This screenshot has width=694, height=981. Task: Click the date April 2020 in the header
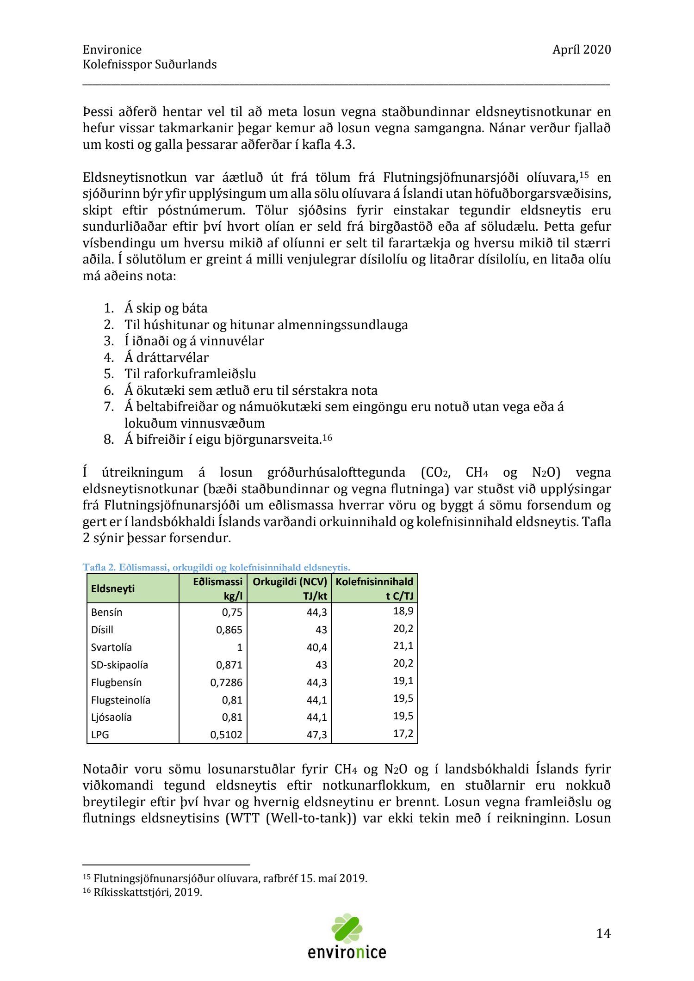coord(581,49)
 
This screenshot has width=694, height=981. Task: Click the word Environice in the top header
coord(112,49)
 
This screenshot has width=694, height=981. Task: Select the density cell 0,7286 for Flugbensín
coord(226,682)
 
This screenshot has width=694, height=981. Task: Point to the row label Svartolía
coord(112,647)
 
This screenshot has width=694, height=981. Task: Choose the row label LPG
coord(100,734)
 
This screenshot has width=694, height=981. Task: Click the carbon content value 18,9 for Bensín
coord(403,611)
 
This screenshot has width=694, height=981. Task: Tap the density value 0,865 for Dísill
coord(229,630)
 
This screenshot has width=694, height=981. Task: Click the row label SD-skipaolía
coord(119,665)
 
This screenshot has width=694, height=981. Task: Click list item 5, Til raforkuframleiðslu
coord(190,374)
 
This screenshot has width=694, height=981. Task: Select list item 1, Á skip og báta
coord(166,308)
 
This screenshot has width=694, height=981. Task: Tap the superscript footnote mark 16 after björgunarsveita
coord(327,437)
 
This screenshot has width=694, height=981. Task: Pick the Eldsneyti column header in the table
coord(113,589)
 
